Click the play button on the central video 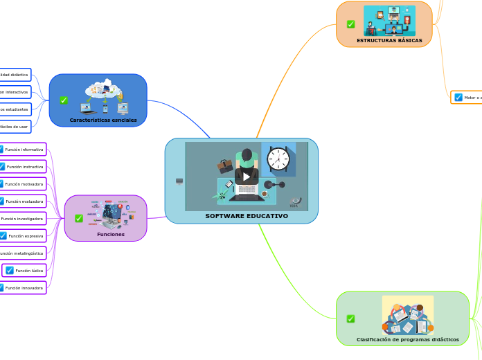pyautogui.click(x=247, y=177)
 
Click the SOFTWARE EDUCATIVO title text pyautogui.click(x=247, y=216)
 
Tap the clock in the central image pyautogui.click(x=278, y=159)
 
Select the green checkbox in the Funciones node pyautogui.click(x=79, y=218)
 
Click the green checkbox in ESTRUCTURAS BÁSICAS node pyautogui.click(x=351, y=24)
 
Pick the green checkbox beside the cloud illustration pyautogui.click(x=64, y=100)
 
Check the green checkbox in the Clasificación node pyautogui.click(x=350, y=318)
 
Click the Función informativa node pyautogui.click(x=23, y=150)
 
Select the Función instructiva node pyautogui.click(x=24, y=167)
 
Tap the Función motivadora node pyautogui.click(x=23, y=184)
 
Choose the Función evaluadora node pyautogui.click(x=24, y=201)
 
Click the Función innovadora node pyautogui.click(x=23, y=287)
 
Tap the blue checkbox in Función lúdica pyautogui.click(x=10, y=270)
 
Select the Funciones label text pyautogui.click(x=111, y=234)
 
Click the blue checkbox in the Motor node pyautogui.click(x=458, y=98)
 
